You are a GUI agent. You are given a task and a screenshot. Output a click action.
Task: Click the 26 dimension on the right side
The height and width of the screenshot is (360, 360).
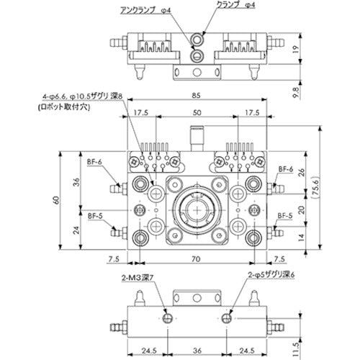click(301, 172)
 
